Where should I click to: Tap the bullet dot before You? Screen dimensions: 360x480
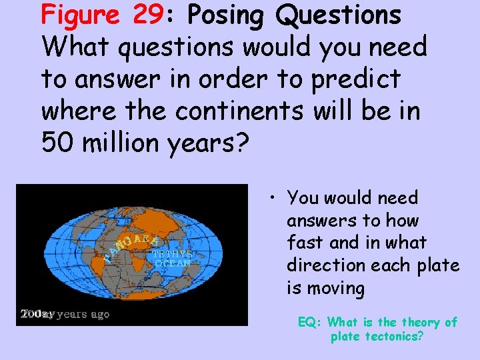pos(274,198)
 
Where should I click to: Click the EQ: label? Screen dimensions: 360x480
pos(310,323)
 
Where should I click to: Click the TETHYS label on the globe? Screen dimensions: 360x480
pos(173,254)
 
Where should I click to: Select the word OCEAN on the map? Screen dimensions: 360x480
pos(173,263)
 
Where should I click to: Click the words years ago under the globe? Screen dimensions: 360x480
pos(83,314)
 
